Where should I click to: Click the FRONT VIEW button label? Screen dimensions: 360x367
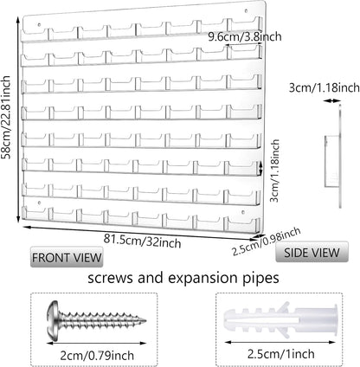(x=67, y=257)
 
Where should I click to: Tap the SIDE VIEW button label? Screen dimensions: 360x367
(x=312, y=253)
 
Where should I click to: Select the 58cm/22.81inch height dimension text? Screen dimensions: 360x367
(x=6, y=118)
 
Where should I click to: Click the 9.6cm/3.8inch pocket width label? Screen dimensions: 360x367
(x=245, y=36)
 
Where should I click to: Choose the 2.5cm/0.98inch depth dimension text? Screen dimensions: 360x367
(x=267, y=241)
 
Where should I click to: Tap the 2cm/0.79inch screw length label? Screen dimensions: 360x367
(x=97, y=355)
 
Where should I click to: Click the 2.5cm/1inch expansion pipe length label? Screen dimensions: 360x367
(x=281, y=354)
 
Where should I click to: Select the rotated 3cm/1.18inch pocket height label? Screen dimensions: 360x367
(x=274, y=171)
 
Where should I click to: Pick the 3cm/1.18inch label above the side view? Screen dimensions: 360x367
(x=325, y=87)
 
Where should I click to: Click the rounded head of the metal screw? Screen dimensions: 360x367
(x=53, y=320)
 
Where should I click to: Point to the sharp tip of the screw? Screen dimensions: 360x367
(x=145, y=320)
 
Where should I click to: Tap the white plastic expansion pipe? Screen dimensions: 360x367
(x=280, y=320)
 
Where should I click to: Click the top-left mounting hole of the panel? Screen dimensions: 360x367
(x=40, y=25)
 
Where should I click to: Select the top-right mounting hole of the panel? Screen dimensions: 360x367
(x=246, y=11)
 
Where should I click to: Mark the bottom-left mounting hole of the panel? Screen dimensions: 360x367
(x=40, y=203)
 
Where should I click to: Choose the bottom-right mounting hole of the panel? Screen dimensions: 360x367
(x=243, y=213)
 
